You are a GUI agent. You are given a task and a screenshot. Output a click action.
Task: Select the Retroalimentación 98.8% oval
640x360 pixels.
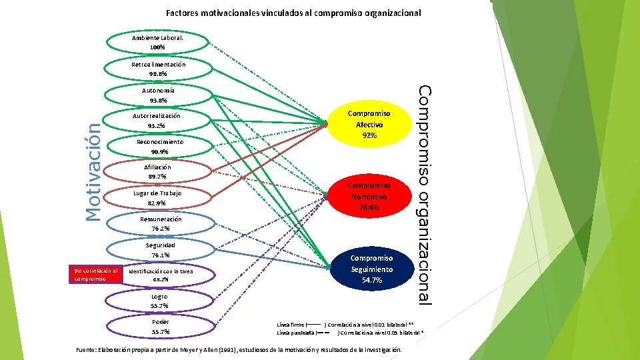pyautogui.click(x=158, y=69)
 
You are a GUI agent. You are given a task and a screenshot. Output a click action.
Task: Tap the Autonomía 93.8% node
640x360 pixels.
pyautogui.click(x=158, y=95)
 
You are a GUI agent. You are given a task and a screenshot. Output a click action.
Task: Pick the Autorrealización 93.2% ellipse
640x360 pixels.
pyautogui.click(x=157, y=121)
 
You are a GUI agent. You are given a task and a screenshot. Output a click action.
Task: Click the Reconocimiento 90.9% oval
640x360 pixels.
pyautogui.click(x=159, y=147)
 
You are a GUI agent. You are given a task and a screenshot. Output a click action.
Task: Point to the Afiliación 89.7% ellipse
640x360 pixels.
pyautogui.click(x=158, y=171)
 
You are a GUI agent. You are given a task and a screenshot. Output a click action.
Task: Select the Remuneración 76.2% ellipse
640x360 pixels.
pyautogui.click(x=160, y=223)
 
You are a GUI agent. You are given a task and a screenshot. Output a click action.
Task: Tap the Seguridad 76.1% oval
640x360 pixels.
pyautogui.click(x=160, y=249)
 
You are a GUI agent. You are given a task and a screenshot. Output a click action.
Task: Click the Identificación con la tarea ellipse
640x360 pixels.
pyautogui.click(x=160, y=275)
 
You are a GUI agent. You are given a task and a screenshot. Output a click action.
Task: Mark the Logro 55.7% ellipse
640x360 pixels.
pyautogui.click(x=160, y=301)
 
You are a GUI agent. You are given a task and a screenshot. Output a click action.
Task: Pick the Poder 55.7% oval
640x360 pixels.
pyautogui.click(x=160, y=327)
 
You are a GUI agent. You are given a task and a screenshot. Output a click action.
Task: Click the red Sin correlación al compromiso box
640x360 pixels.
pyautogui.click(x=96, y=275)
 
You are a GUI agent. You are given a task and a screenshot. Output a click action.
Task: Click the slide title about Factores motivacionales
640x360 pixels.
pyautogui.click(x=293, y=13)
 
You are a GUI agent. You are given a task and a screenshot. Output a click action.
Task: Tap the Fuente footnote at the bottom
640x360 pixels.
pyautogui.click(x=239, y=349)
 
